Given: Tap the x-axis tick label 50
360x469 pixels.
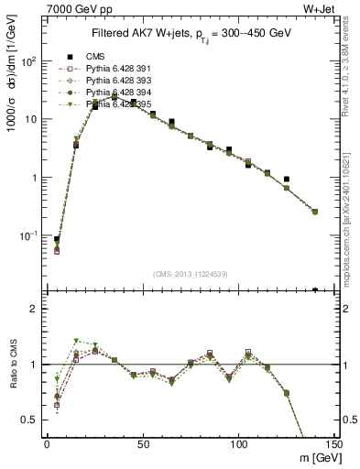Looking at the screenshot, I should [142, 444].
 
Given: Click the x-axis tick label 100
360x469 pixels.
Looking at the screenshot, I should [238, 444].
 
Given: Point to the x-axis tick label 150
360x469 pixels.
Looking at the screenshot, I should [333, 444].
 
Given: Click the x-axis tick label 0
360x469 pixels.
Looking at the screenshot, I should [47, 444].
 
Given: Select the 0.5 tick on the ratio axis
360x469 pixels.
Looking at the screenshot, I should [32, 420].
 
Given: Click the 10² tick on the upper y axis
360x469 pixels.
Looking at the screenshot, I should [29, 60].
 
